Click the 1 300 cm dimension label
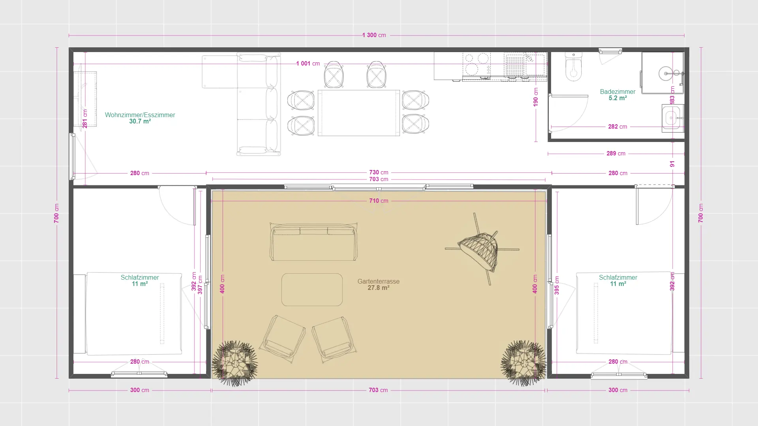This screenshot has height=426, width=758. pyautogui.click(x=374, y=35)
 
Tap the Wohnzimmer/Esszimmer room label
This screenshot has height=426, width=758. pyautogui.click(x=140, y=115)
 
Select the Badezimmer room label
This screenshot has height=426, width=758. pyautogui.click(x=617, y=92)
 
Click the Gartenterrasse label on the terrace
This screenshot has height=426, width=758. pyautogui.click(x=378, y=281)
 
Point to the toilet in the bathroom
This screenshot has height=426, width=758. pyautogui.click(x=573, y=67)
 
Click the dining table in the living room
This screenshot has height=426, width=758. pyautogui.click(x=358, y=113)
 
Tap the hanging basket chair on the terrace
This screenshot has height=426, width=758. pyautogui.click(x=480, y=248)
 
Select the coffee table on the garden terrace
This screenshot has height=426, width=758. pyautogui.click(x=312, y=290)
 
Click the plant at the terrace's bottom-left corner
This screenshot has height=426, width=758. pyautogui.click(x=235, y=363)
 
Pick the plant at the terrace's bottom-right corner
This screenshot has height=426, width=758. pyautogui.click(x=523, y=363)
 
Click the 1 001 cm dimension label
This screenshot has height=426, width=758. pyautogui.click(x=308, y=64)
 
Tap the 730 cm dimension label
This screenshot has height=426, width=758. pyautogui.click(x=379, y=172)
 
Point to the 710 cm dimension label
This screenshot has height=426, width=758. pyautogui.click(x=379, y=201)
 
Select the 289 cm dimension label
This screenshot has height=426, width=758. pyautogui.click(x=616, y=153)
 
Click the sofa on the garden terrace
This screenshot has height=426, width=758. pyautogui.click(x=313, y=242)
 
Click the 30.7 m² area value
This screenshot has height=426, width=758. pyautogui.click(x=140, y=121)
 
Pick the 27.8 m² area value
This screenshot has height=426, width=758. pyautogui.click(x=378, y=288)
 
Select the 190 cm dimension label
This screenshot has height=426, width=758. pyautogui.click(x=536, y=97)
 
